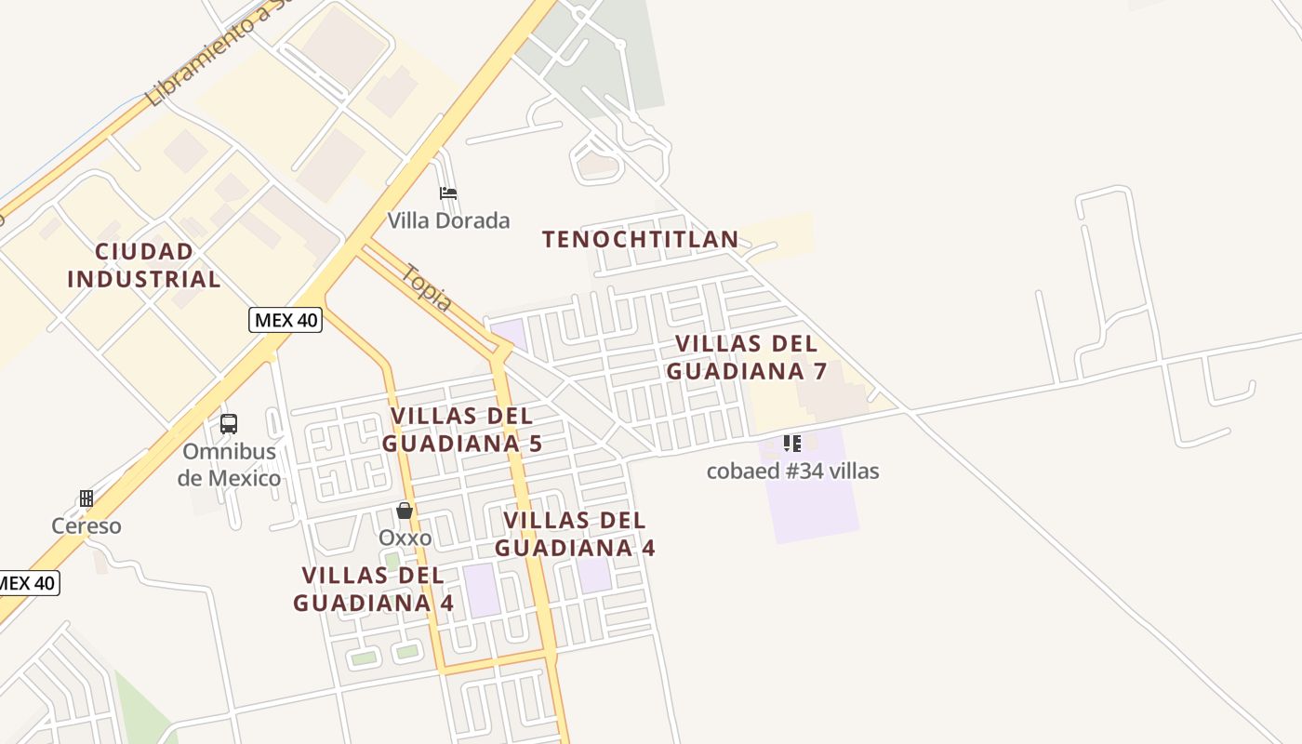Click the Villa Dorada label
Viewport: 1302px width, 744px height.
(x=448, y=220)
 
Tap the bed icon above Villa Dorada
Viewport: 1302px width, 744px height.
(x=448, y=193)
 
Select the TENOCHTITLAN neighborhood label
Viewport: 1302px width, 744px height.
(x=640, y=239)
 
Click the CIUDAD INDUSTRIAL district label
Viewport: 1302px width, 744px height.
(x=144, y=265)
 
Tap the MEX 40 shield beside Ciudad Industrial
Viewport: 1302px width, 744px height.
(x=286, y=321)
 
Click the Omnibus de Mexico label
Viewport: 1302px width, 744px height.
(x=230, y=465)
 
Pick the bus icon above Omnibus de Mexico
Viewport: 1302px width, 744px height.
(x=229, y=424)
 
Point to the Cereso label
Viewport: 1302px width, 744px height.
(x=86, y=525)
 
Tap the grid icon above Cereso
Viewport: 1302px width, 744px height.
(x=86, y=498)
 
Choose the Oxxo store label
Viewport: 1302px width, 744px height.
(x=405, y=538)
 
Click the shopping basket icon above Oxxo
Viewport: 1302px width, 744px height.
(x=405, y=511)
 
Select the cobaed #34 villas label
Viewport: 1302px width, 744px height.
(x=792, y=471)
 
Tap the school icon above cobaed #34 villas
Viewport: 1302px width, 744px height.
(x=791, y=443)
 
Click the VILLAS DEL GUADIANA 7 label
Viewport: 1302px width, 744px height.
(x=747, y=357)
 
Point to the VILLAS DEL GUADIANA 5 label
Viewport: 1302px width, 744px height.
(x=462, y=429)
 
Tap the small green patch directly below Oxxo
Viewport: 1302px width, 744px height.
(x=392, y=561)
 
